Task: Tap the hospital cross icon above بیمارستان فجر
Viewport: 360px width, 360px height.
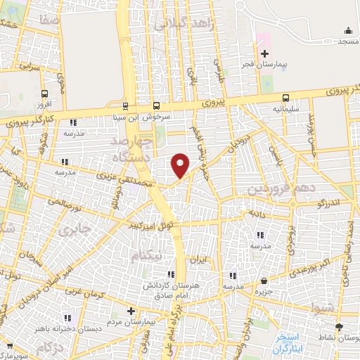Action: pos(264,54)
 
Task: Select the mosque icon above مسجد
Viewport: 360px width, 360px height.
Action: pos(349,30)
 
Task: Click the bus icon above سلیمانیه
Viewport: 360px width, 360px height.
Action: pos(285,98)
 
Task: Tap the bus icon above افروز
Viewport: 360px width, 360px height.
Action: pos(45,94)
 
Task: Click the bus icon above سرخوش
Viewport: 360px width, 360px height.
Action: pos(125,107)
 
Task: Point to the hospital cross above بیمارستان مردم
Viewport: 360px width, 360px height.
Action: pos(130,310)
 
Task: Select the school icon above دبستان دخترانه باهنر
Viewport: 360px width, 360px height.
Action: pos(68,317)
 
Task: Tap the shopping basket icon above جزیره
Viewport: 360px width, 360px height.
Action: pos(264,281)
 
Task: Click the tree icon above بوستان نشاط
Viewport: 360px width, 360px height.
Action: pos(340,327)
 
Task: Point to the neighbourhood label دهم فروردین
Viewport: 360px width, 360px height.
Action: pos(277,189)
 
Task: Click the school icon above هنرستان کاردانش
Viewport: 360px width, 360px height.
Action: pos(170,274)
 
